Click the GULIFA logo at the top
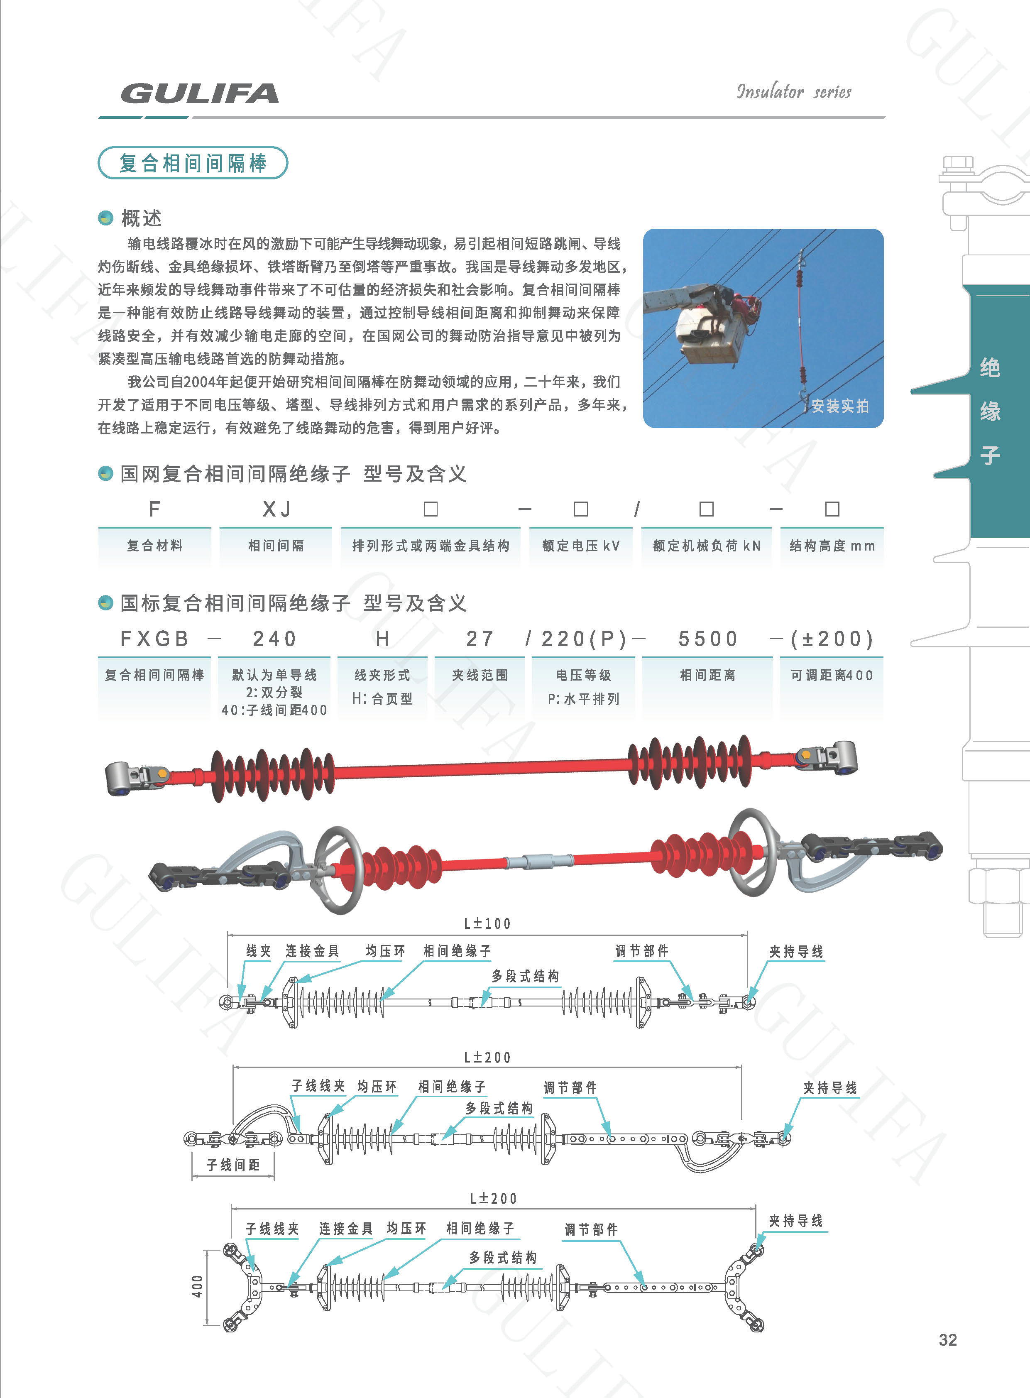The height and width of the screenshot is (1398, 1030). point(200,93)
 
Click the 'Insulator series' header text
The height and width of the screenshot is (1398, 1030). point(794,92)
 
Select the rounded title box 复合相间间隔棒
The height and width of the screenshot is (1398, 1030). point(193,163)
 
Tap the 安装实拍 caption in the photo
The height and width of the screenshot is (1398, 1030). point(840,406)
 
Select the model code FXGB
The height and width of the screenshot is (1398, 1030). point(154,639)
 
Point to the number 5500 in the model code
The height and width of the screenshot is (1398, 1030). point(708,639)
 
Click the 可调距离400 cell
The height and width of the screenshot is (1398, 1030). point(832,675)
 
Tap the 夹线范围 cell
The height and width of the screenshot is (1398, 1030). point(480,675)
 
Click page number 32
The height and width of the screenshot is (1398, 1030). point(948,1340)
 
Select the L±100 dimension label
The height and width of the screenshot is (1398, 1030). point(487,923)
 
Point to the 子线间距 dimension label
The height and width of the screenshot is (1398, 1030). point(233,1164)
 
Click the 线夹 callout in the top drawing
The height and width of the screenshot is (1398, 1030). point(259,951)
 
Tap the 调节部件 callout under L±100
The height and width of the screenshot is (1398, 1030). point(641,951)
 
